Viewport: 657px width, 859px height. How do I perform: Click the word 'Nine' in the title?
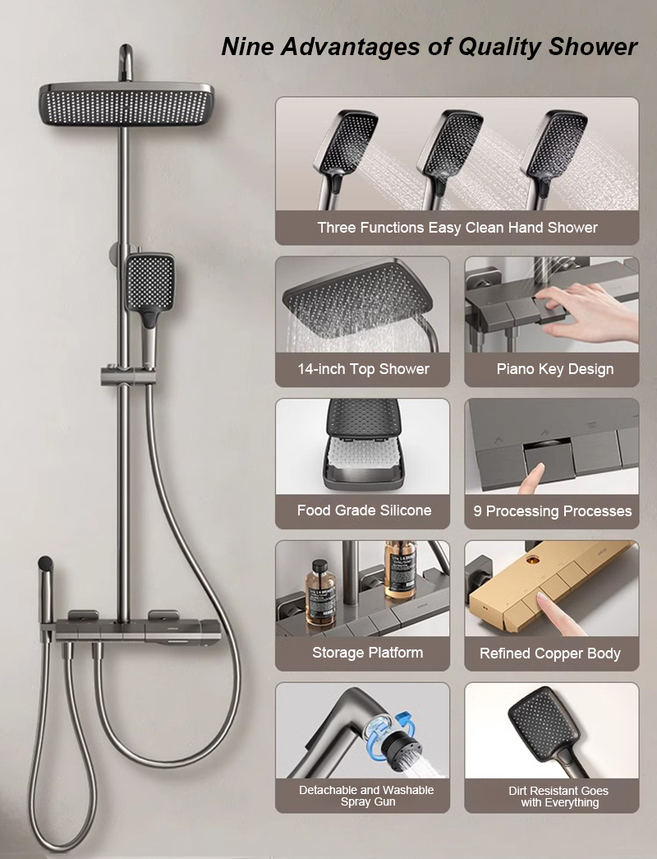point(247,47)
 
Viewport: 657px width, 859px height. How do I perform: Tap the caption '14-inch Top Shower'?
point(363,369)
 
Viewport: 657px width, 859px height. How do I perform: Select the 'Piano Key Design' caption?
point(554,369)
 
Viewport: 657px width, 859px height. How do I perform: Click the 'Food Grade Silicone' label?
point(364,510)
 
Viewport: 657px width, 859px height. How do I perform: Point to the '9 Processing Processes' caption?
point(553,511)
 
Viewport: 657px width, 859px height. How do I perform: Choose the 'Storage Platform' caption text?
point(367,653)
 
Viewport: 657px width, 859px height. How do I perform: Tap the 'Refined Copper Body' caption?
point(549,653)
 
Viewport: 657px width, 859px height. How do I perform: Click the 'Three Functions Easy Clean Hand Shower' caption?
point(457,228)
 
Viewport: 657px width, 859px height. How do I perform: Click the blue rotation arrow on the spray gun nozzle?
point(404,718)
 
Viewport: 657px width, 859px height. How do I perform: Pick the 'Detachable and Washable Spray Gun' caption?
point(366,796)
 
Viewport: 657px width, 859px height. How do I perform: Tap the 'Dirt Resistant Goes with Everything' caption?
point(559,797)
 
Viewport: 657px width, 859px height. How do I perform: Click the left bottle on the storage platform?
point(321,592)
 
